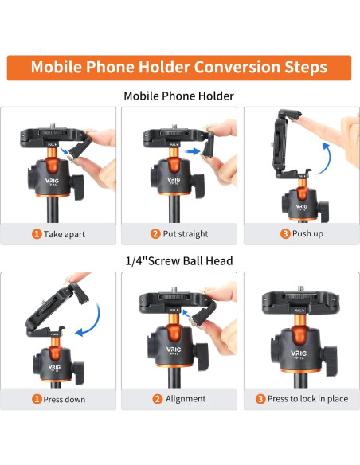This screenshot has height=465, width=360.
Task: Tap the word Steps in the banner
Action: coord(306,68)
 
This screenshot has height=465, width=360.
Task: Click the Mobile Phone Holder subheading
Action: coord(179,96)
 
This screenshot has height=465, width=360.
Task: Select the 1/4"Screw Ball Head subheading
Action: coord(179,260)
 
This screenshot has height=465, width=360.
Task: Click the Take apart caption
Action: coord(65,234)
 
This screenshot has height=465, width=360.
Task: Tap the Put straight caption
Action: coord(186,234)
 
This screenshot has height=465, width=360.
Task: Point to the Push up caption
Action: coord(307,233)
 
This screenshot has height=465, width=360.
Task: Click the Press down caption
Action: coord(65,399)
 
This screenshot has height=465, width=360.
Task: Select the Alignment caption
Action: coord(186,399)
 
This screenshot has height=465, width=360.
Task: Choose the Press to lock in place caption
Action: coord(307,399)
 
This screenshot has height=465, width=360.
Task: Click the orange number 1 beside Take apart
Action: coord(37,234)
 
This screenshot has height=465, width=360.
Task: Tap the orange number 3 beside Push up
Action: coord(285,233)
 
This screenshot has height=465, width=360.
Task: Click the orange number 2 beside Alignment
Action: coord(158,399)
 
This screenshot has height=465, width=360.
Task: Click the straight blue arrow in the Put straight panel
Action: coord(192,151)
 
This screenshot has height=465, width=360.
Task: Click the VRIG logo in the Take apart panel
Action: coord(53,181)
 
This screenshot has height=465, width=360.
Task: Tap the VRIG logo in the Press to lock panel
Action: coord(299,354)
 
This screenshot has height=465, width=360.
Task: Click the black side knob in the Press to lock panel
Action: coord(329,361)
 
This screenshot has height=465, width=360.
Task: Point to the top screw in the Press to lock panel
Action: coord(301,288)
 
